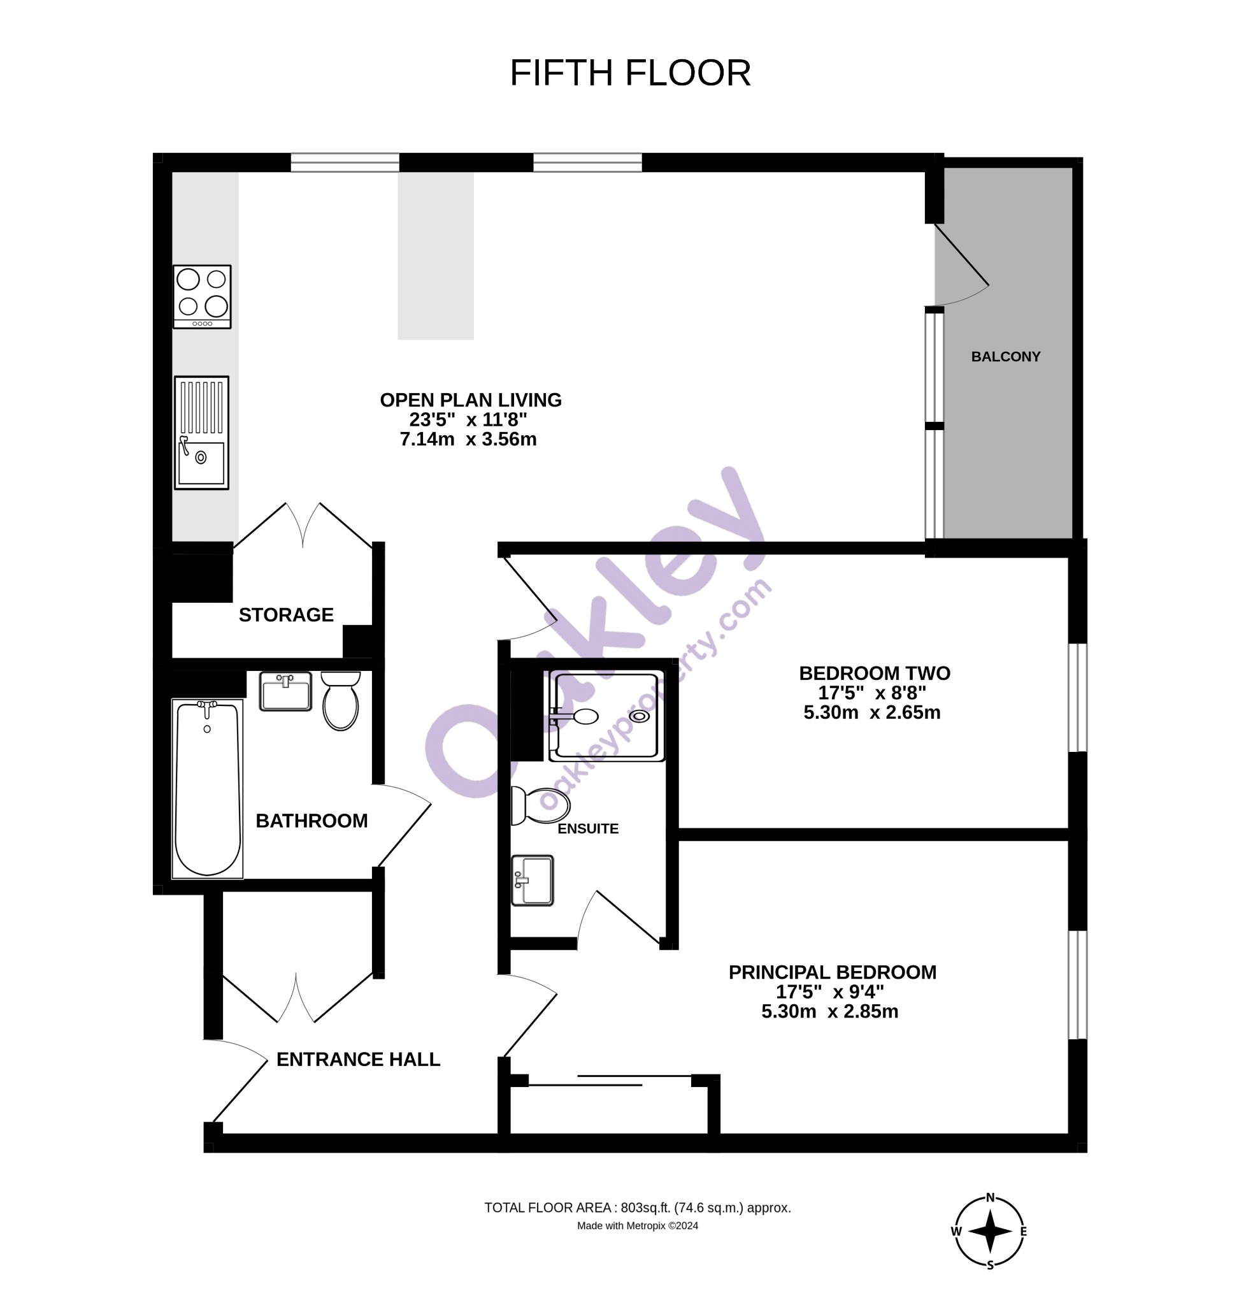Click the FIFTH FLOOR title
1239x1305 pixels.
(x=630, y=73)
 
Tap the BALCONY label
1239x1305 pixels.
(x=1005, y=357)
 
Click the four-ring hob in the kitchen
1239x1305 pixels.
(x=202, y=297)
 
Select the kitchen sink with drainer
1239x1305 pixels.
(x=201, y=433)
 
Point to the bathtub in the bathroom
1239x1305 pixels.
(x=208, y=789)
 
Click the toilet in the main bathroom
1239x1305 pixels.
(x=341, y=700)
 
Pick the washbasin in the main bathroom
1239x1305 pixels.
(x=285, y=691)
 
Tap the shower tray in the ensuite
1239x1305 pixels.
(x=607, y=716)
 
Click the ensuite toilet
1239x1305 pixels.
(x=540, y=805)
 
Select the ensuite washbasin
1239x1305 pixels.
(x=533, y=880)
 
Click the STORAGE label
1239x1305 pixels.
(x=286, y=615)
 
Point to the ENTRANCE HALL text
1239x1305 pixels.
(x=358, y=1060)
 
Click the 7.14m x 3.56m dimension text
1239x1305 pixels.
(x=468, y=440)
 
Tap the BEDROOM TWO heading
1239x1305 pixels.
(x=875, y=674)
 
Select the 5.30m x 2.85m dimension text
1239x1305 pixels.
(x=829, y=1012)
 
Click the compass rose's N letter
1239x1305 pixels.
(x=990, y=1197)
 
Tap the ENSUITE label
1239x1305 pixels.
(x=588, y=828)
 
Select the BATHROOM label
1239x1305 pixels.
(x=312, y=821)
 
